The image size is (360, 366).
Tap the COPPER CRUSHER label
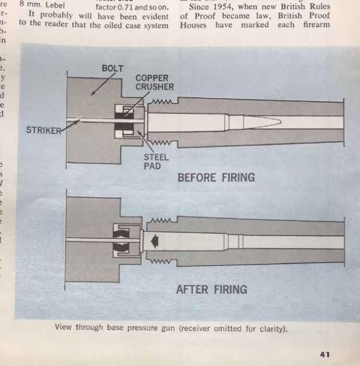[155, 83]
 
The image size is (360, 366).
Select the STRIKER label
[43, 130]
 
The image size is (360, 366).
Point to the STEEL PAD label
[156, 161]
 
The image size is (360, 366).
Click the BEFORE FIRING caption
[216, 178]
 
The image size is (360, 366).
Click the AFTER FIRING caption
[212, 289]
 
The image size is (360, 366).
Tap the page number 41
[324, 354]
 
